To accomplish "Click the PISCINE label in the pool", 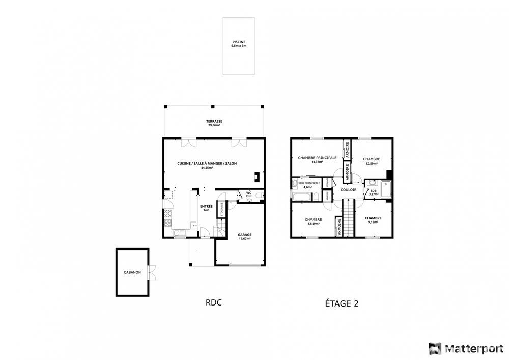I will pos(239,42).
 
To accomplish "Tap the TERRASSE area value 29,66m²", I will pos(214,125).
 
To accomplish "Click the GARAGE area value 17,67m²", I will pos(245,238).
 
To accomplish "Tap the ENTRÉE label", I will pos(206,206).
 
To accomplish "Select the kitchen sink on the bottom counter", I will pos(180,234).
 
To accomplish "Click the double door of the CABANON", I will pos(151,272).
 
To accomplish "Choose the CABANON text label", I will pos(132,272).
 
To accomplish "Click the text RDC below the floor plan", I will pos(213,302).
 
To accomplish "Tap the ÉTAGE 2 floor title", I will pos(342,303).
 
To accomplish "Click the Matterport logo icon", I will pos(435,348).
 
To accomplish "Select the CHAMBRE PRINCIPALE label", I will pos(317,158).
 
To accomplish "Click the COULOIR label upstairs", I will pos(349,190).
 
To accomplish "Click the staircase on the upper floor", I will pos(348,217).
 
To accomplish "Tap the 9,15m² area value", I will pos(373,222).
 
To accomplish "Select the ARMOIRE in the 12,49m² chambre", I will pos(338,227).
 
